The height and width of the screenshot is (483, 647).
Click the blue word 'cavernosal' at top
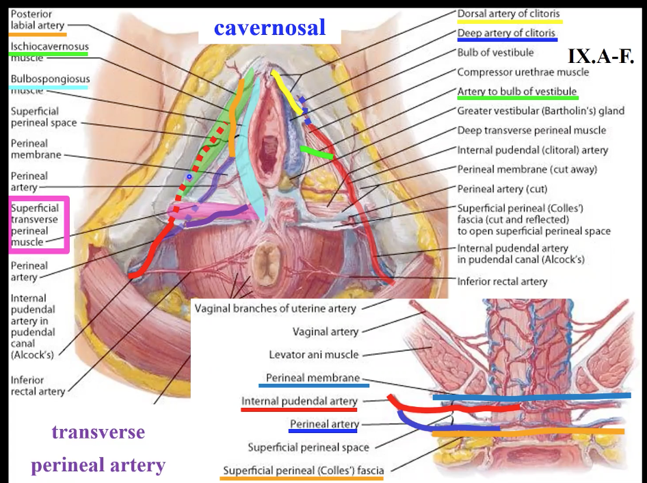click(x=269, y=28)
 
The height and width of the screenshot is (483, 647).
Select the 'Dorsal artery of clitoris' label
click(x=509, y=14)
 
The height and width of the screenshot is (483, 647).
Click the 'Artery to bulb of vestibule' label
click(x=516, y=92)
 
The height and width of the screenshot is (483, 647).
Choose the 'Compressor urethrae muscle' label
click(x=523, y=72)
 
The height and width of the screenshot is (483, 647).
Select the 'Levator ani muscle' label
click(x=313, y=354)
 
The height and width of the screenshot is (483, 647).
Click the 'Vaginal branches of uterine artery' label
click(x=275, y=309)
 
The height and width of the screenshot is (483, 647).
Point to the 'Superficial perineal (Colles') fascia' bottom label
click(x=303, y=470)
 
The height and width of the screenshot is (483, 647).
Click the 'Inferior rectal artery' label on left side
click(x=37, y=385)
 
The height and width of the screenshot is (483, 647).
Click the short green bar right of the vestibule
click(x=316, y=152)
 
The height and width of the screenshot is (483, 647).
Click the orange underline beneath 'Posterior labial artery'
click(x=38, y=34)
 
